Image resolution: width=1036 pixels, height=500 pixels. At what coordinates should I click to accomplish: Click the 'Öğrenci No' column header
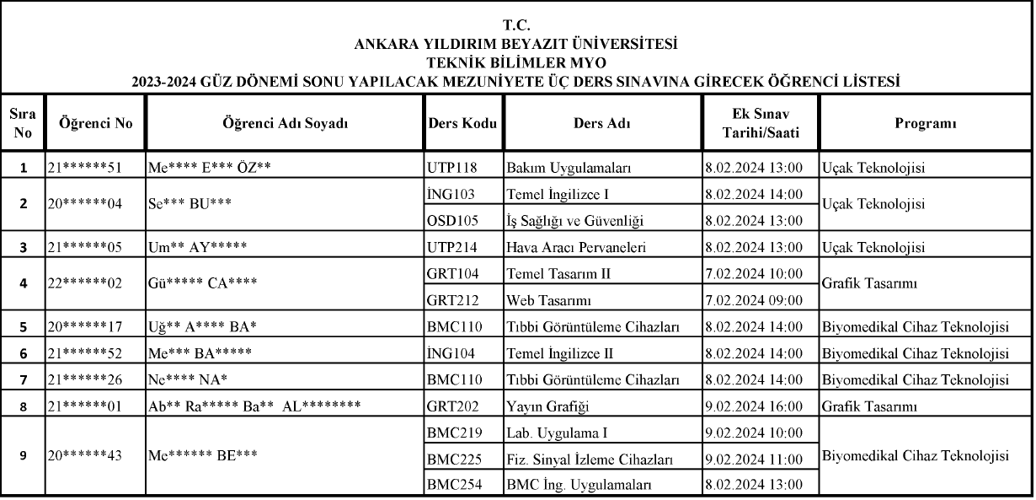tap(95, 123)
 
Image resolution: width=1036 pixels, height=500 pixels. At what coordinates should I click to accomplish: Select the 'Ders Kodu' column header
tap(462, 123)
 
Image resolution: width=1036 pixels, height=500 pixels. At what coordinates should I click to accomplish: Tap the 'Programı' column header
tap(925, 123)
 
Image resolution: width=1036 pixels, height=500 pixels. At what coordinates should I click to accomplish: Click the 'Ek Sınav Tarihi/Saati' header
tap(760, 123)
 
